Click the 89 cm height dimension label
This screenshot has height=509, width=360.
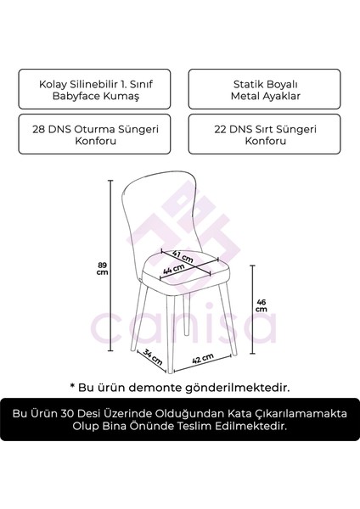tap(103, 269)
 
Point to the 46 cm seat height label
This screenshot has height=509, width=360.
tap(261, 304)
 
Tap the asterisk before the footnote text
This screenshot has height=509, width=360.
tap(73, 386)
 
